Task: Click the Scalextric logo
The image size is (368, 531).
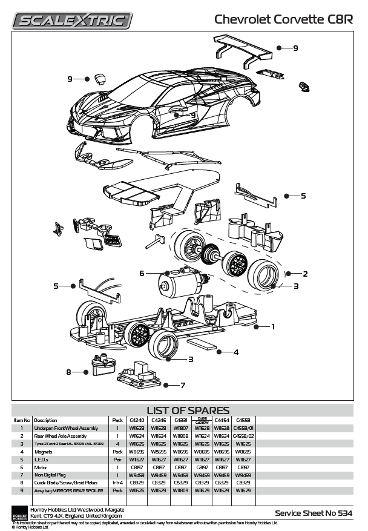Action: (73, 20)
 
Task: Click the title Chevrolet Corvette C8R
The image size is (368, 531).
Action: (284, 19)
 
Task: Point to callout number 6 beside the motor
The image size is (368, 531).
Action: (142, 273)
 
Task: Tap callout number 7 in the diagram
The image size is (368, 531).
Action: (182, 384)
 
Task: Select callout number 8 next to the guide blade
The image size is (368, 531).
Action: (69, 372)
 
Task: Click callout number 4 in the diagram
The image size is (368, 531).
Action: (235, 352)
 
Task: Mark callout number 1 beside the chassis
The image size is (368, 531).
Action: (272, 326)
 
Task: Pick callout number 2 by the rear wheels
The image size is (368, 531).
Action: (305, 274)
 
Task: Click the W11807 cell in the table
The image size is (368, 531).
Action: (180, 427)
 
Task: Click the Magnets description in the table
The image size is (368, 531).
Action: (45, 451)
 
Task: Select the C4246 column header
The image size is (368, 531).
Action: (159, 420)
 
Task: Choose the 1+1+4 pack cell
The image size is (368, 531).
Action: (117, 482)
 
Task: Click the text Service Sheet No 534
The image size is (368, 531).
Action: (314, 513)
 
